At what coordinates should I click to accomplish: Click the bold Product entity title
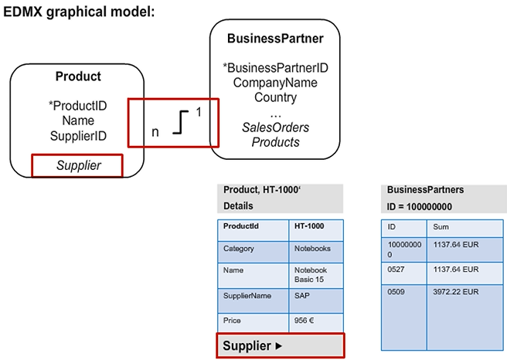[x=78, y=76]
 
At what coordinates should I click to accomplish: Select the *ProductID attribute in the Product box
[x=77, y=105]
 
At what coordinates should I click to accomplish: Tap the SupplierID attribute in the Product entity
[x=78, y=136]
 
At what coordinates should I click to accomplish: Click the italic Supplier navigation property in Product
[x=78, y=165]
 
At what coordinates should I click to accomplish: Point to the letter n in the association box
[x=155, y=131]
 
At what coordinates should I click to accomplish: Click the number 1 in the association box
[x=198, y=112]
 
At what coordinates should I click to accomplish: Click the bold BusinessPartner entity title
[x=275, y=39]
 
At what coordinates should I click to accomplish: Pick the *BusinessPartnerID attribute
[x=275, y=68]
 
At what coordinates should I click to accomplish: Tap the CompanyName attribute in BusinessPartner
[x=275, y=83]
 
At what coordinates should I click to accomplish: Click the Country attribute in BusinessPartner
[x=275, y=97]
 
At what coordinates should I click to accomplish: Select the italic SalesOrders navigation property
[x=275, y=127]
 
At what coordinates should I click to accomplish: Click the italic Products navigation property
[x=275, y=142]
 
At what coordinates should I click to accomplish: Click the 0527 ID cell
[x=403, y=269]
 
